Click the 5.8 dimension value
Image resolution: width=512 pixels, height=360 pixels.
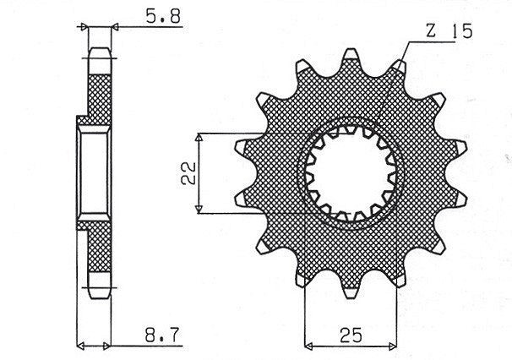(162, 16)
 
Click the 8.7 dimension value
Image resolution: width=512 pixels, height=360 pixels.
(162, 335)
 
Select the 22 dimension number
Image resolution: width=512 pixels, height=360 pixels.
(188, 173)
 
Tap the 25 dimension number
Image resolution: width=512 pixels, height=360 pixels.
(351, 335)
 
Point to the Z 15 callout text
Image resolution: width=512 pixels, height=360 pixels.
(449, 31)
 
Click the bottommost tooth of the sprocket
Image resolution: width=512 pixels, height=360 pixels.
(351, 292)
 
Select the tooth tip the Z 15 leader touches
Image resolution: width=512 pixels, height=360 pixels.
(399, 66)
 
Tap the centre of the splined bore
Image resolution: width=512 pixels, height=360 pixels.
(351, 173)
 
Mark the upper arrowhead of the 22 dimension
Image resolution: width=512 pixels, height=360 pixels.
(199, 137)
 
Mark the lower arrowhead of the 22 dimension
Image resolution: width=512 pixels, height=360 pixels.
(199, 210)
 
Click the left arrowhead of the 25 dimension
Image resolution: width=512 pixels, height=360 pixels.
(308, 346)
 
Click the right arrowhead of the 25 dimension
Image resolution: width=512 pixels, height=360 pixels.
(392, 346)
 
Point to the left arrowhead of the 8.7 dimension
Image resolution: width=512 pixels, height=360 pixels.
(80, 346)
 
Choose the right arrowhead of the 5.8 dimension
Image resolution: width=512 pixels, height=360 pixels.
(115, 27)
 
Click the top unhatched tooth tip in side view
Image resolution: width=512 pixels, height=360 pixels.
(100, 61)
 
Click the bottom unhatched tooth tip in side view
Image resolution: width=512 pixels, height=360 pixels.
(100, 285)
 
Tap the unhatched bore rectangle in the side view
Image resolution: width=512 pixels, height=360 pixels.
(94, 173)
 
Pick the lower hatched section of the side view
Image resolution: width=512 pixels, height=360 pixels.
(98, 247)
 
